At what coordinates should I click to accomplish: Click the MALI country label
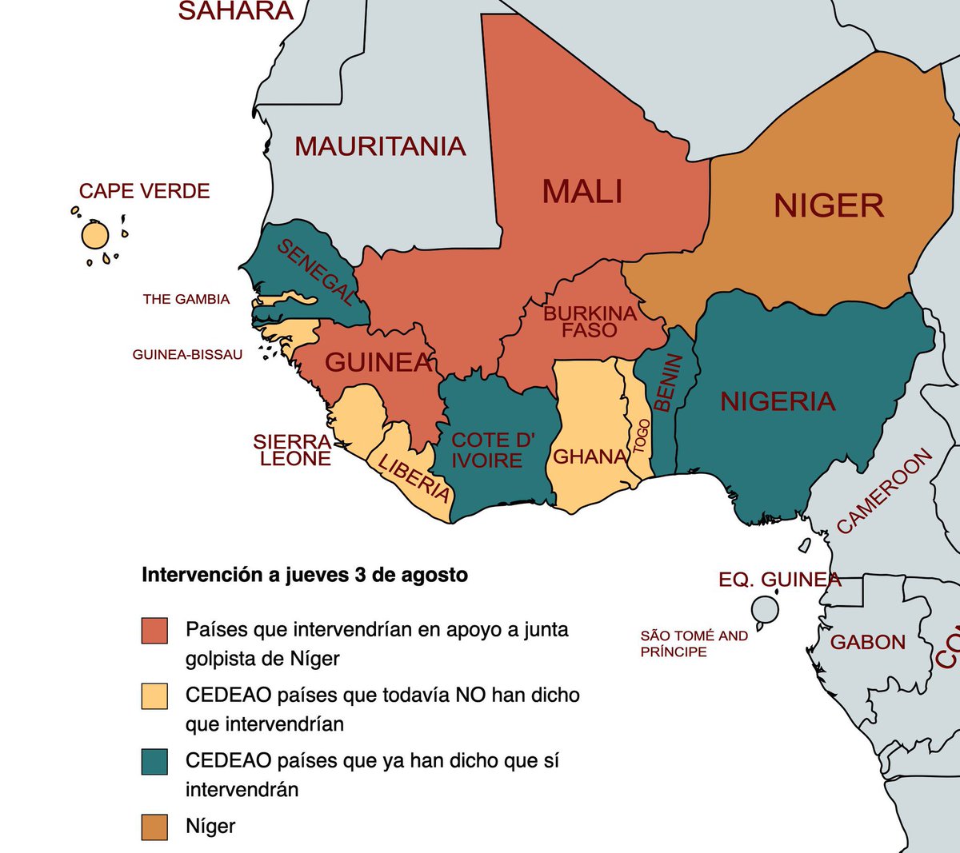coord(582,192)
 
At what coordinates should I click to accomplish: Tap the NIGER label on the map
coord(829,206)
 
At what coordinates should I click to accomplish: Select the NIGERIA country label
coord(778,401)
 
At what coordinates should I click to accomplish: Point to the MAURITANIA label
coord(380,146)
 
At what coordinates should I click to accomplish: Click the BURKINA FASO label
coord(590,321)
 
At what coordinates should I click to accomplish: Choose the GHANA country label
coord(590,456)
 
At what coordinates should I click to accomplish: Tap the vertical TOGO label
coord(641,436)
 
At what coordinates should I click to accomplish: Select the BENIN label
coord(668,383)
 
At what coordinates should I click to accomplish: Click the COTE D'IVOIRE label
coord(491,450)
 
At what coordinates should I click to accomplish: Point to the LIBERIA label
coord(414,477)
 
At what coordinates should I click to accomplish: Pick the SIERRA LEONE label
coord(293,450)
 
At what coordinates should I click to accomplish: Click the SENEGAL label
coord(315,273)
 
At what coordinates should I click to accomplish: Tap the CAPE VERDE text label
coord(144,191)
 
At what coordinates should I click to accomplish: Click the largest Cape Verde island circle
coord(94,236)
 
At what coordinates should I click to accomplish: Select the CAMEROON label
coord(884,491)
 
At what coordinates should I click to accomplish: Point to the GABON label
coord(867,642)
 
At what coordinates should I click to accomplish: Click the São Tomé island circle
coord(765,610)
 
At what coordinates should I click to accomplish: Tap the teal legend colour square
coord(154,762)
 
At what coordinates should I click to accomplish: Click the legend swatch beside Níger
coord(154,827)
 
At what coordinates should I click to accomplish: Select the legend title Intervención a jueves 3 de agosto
coord(304,575)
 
